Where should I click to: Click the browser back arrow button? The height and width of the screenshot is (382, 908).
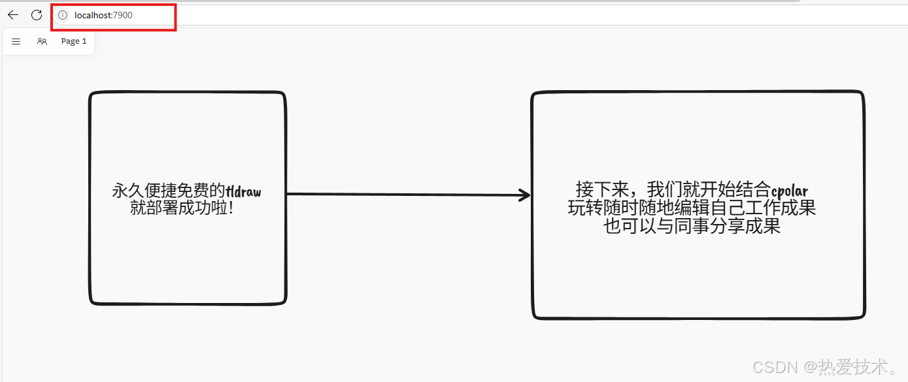click(13, 15)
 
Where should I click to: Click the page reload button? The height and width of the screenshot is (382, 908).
click(37, 15)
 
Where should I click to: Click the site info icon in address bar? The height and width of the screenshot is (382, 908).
click(63, 15)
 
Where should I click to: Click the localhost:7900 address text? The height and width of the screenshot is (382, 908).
click(103, 15)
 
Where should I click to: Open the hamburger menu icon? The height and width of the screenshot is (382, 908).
click(16, 41)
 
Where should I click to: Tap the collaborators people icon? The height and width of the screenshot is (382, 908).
click(42, 41)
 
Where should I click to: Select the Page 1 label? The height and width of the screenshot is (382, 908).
click(74, 41)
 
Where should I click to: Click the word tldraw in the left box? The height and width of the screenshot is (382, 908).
click(243, 191)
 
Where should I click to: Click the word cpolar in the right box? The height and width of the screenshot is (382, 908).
click(790, 191)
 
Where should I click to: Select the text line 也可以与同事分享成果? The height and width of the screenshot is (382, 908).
click(692, 226)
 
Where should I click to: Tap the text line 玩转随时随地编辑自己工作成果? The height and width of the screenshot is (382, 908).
click(692, 208)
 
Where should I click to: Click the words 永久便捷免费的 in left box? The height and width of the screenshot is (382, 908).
click(169, 191)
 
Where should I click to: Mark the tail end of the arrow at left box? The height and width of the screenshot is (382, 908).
click(289, 194)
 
